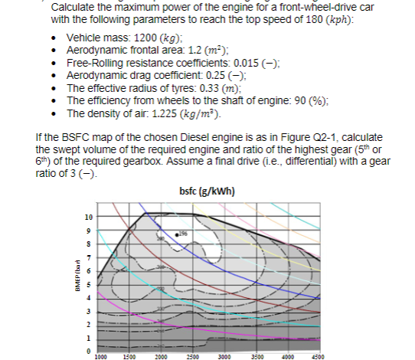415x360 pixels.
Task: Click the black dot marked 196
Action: pos(178,232)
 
